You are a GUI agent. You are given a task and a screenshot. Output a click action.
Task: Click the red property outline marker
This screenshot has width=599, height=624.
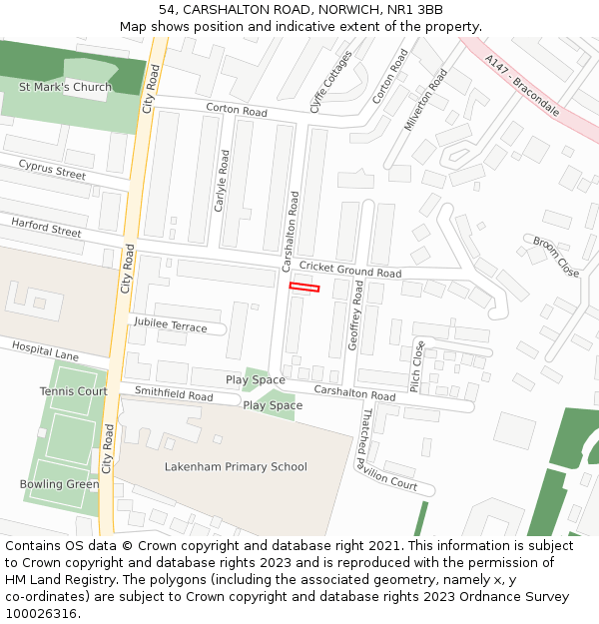click(304, 288)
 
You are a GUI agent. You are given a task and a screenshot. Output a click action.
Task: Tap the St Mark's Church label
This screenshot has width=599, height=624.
click(66, 87)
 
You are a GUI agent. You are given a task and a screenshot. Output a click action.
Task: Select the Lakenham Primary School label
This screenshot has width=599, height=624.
click(236, 466)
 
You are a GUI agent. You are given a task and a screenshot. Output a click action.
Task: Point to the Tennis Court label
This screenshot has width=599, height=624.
click(74, 391)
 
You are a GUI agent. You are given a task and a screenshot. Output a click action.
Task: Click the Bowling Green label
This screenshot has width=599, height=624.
click(59, 484)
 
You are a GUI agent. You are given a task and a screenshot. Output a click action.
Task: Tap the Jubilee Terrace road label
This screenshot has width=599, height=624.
click(169, 325)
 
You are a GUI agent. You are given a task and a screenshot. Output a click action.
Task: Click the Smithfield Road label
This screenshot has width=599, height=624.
click(174, 395)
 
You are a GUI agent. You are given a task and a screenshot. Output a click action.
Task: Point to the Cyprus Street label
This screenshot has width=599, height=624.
click(52, 171)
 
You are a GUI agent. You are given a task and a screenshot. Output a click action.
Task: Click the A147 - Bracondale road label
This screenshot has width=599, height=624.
click(522, 85)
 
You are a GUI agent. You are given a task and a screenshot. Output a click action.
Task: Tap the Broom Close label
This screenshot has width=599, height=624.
click(555, 256)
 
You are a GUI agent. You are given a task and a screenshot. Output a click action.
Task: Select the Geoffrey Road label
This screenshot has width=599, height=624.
click(355, 314)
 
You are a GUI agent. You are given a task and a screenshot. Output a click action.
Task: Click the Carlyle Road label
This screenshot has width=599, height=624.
click(222, 181)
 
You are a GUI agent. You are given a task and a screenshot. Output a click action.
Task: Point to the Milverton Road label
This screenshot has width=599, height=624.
click(426, 100)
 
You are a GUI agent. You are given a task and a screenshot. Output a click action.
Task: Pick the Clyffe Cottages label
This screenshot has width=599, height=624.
click(330, 82)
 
